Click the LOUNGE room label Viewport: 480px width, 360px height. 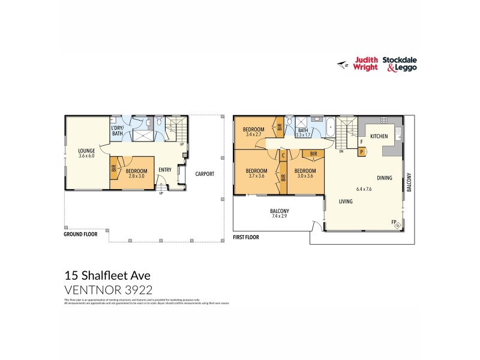tap(87, 151)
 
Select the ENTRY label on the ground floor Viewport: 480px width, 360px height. tap(165, 170)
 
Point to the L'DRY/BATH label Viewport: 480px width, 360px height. tap(117, 131)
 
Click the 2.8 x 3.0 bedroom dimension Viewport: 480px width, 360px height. tap(136, 176)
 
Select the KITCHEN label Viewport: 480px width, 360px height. tap(379, 137)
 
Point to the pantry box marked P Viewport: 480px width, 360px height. tap(361, 152)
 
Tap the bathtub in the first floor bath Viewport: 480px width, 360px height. tap(330, 127)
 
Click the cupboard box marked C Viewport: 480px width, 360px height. tap(283, 155)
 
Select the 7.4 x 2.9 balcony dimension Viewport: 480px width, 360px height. tap(280, 218)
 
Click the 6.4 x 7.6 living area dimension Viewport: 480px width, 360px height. tap(364, 190)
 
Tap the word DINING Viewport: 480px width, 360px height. tap(385, 178)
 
